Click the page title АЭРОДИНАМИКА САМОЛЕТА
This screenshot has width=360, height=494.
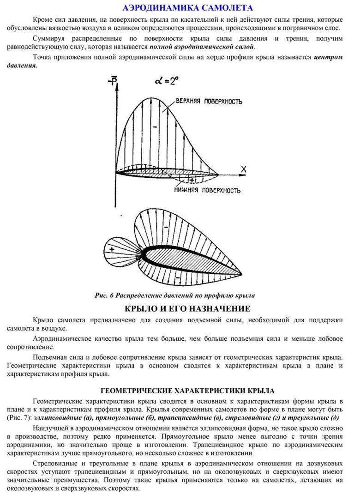coord(187,8)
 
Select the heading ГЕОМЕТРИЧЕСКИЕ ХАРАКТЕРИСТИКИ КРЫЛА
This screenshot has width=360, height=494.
coord(188,391)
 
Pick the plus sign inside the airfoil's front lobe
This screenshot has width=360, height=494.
coord(112,249)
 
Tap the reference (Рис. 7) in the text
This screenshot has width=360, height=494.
coord(19,418)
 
